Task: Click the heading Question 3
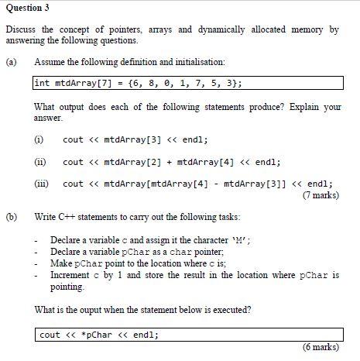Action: (26, 9)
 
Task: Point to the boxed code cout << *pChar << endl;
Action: (99, 335)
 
